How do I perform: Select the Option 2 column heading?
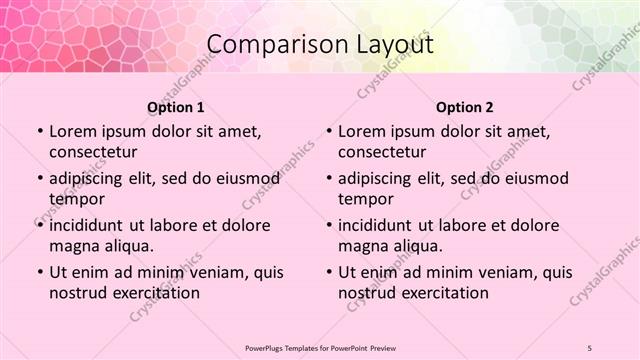(x=465, y=107)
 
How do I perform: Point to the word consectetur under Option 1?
(x=92, y=152)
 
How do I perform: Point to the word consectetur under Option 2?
(x=382, y=152)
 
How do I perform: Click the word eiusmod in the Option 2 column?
(x=534, y=179)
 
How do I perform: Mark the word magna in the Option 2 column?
(x=362, y=246)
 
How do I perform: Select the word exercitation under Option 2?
(x=444, y=293)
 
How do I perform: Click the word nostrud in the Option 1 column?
(x=76, y=293)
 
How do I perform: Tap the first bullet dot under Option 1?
(x=39, y=132)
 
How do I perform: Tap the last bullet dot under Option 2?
(x=329, y=273)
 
